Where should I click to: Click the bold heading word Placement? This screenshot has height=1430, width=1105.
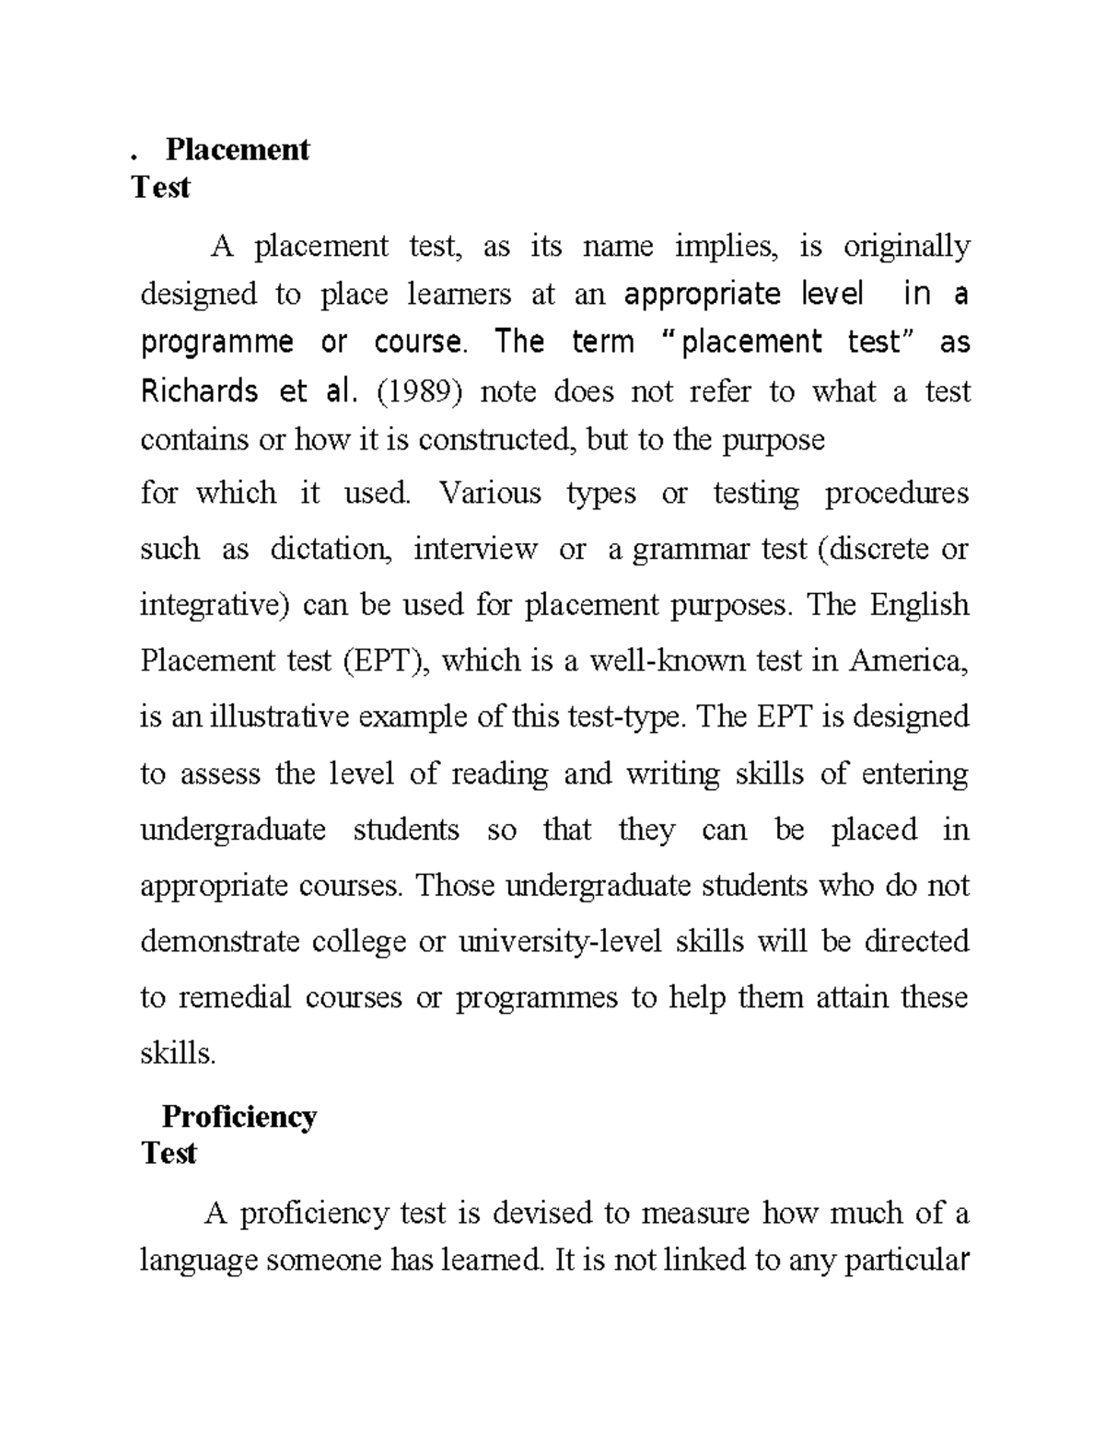pyautogui.click(x=238, y=149)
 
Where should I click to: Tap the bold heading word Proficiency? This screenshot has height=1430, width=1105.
pyautogui.click(x=238, y=1116)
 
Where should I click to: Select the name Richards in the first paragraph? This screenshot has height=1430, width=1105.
pyautogui.click(x=198, y=391)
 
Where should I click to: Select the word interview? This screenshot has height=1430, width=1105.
pyautogui.click(x=475, y=549)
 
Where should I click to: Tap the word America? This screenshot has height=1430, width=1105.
pyautogui.click(x=909, y=660)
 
